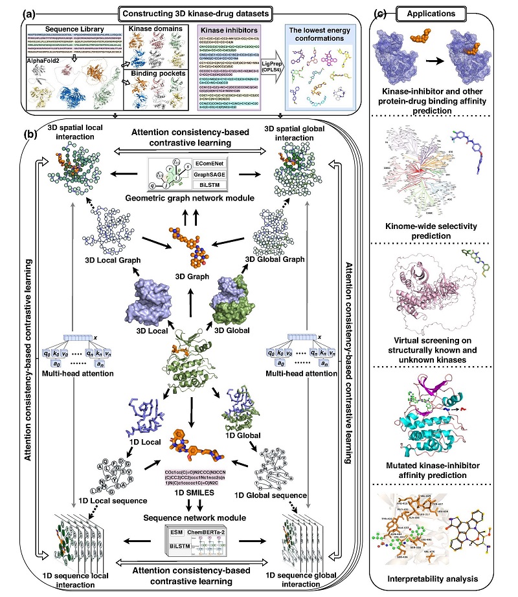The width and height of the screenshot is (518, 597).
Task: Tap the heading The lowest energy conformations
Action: [x=319, y=35]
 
